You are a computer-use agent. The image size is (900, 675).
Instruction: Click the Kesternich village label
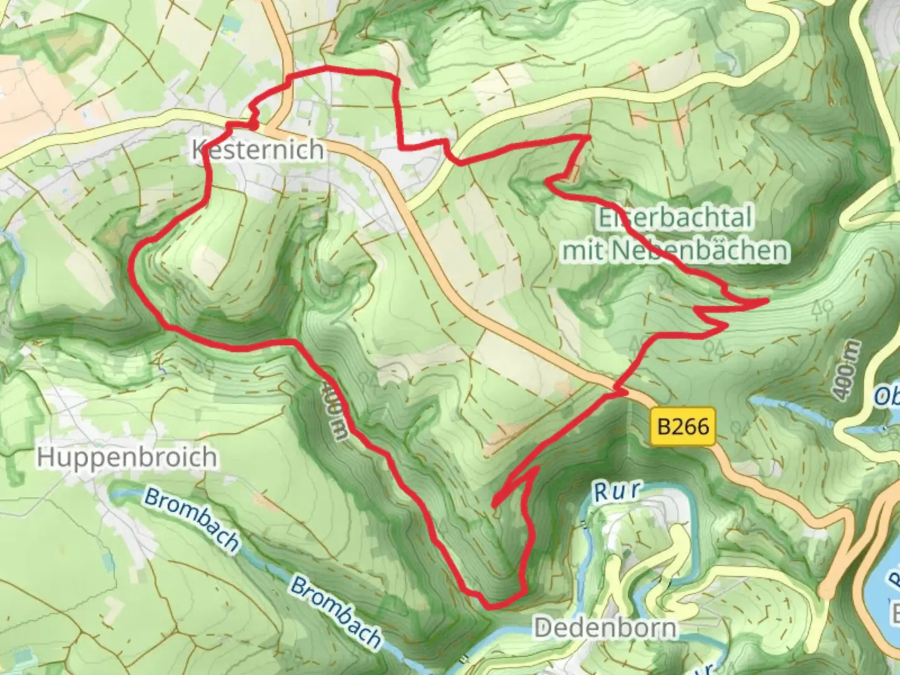point(257,150)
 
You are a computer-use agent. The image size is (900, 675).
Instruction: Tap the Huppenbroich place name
point(127,457)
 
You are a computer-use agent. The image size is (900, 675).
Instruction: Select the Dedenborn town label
point(605,628)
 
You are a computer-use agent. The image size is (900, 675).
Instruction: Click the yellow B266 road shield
point(683,427)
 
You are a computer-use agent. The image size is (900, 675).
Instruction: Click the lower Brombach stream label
point(336,612)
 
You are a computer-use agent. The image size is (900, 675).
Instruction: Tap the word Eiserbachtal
point(675,218)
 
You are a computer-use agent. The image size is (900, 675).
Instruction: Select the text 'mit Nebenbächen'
point(675,251)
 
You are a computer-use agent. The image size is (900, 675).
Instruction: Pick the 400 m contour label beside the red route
point(332,409)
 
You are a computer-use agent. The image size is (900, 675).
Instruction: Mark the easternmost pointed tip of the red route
point(766,301)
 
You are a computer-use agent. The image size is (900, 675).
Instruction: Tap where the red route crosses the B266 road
point(617,392)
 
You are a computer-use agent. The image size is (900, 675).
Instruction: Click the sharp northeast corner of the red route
point(589,136)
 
